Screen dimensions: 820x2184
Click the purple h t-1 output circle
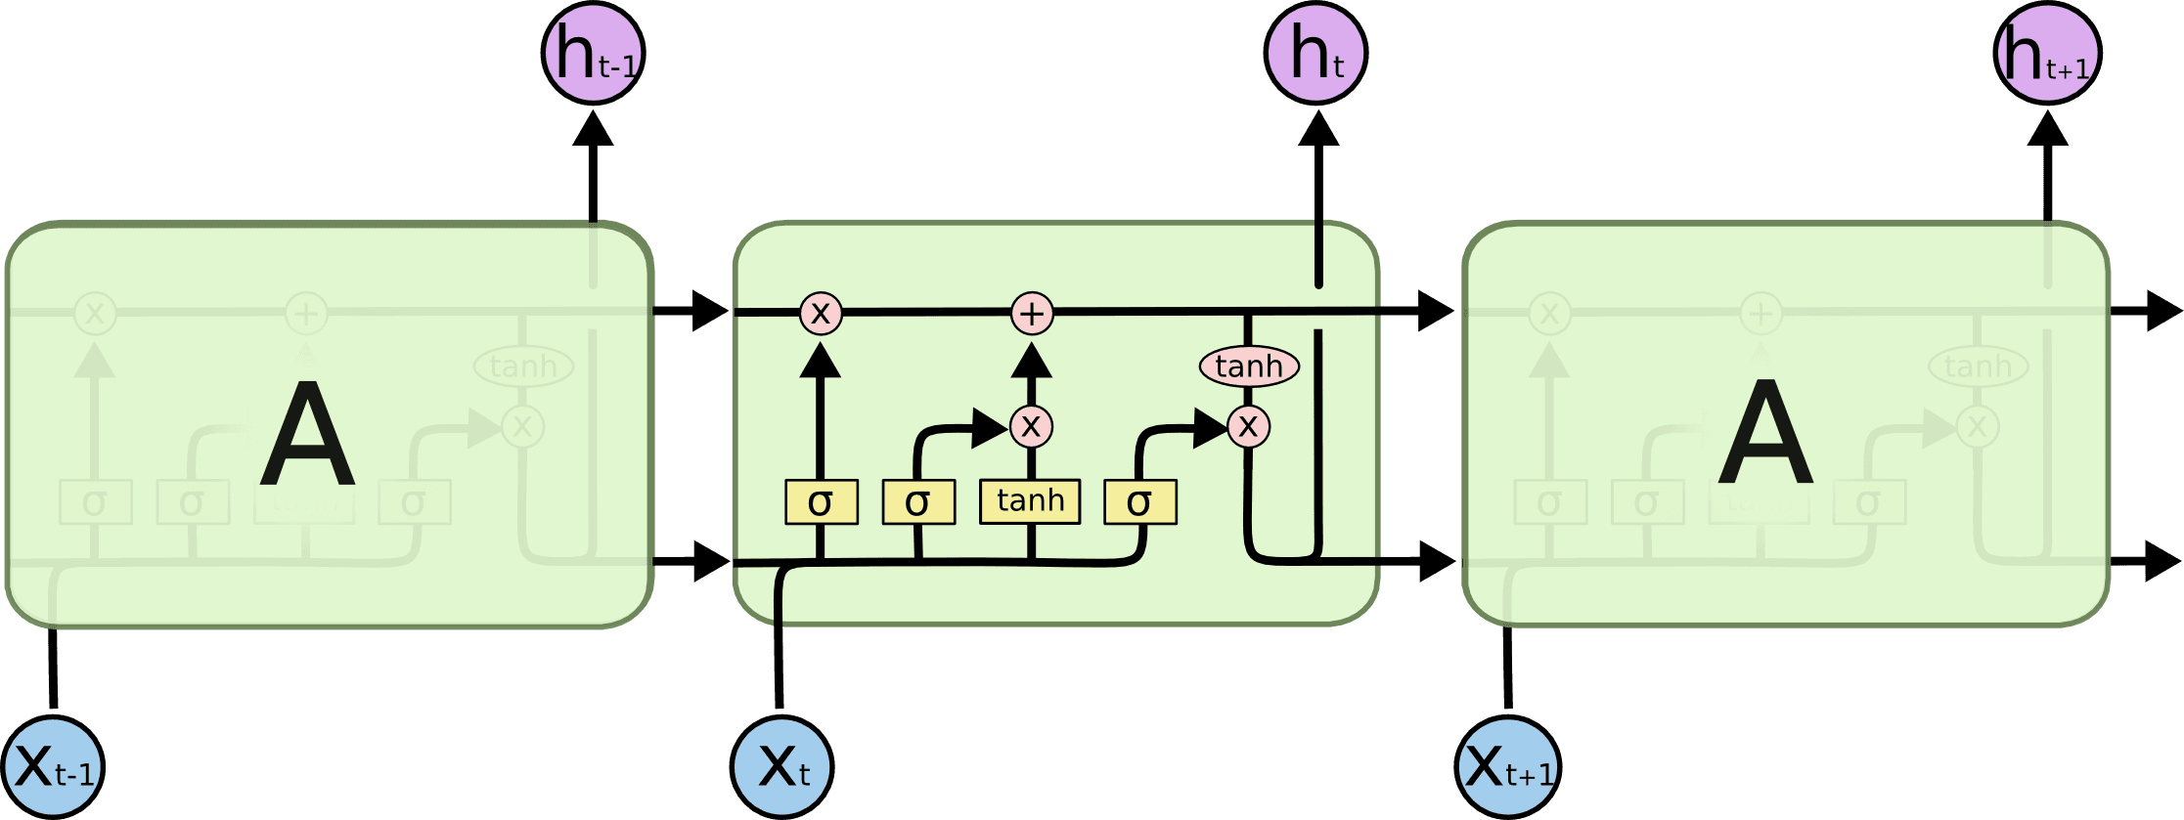(x=593, y=53)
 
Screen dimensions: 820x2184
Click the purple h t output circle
(x=1315, y=53)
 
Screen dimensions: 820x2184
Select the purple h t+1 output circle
(x=2047, y=53)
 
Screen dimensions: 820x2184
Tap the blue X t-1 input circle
(x=53, y=767)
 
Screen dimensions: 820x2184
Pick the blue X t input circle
(x=782, y=767)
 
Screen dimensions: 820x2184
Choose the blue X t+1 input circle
(x=1507, y=767)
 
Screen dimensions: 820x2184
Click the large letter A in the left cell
(x=307, y=434)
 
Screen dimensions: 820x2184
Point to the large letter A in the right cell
(x=1765, y=434)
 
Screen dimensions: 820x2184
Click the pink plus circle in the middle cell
(x=1032, y=314)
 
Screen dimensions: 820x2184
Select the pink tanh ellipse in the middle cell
(x=1249, y=367)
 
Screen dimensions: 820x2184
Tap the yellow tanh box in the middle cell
(x=1030, y=501)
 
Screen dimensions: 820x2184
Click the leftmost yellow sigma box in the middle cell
(x=821, y=502)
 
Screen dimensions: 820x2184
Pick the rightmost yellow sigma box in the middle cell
(x=1139, y=502)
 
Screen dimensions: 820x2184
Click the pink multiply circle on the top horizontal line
(x=821, y=314)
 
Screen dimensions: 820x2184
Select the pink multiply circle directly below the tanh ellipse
(x=1248, y=426)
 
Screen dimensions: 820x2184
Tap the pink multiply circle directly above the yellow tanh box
(x=1031, y=426)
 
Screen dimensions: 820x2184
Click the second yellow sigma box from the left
(x=917, y=502)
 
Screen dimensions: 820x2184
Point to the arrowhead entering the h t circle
(x=1318, y=129)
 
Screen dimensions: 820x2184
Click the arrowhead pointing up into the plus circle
(x=1031, y=361)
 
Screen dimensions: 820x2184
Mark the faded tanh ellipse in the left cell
(x=523, y=367)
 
